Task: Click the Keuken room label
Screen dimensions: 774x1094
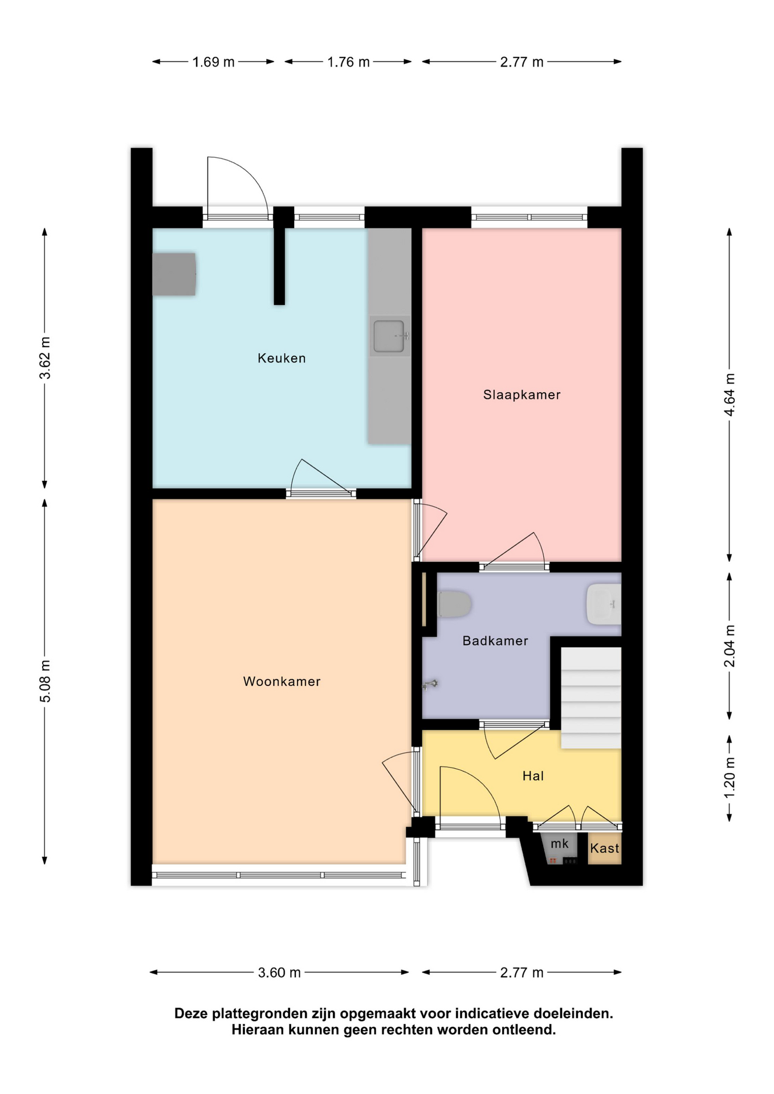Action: (282, 358)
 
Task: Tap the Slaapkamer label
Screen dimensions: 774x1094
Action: (522, 395)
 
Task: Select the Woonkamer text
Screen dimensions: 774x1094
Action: (282, 681)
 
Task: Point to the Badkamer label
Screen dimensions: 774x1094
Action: (495, 641)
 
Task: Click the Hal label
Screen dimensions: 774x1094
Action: (533, 776)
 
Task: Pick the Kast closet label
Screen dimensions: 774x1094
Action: (604, 848)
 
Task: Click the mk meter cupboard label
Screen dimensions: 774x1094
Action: (559, 844)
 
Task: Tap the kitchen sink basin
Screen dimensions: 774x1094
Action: (390, 336)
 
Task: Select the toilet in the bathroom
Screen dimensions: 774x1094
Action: (454, 604)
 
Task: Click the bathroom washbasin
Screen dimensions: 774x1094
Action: (604, 604)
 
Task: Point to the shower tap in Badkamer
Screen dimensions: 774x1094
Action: (430, 684)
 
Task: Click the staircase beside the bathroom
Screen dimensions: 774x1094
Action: (591, 698)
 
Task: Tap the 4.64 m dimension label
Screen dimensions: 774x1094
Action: (730, 395)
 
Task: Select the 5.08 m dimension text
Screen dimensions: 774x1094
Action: (45, 681)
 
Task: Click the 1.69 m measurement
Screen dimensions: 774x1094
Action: (213, 62)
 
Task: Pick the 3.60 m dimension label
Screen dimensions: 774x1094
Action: (279, 973)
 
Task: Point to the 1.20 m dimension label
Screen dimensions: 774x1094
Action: (730, 777)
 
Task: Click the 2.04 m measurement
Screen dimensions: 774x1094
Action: (730, 646)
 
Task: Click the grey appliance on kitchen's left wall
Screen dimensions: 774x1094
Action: (174, 274)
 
